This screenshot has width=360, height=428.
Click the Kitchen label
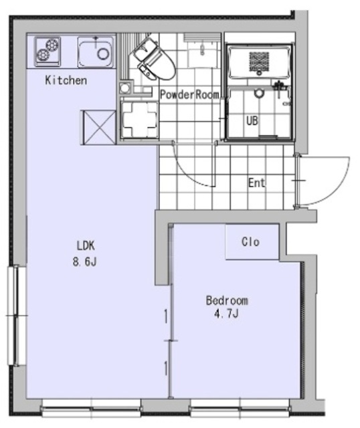tap(66, 81)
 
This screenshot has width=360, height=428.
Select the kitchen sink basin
tap(94, 50)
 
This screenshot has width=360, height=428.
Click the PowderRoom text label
tap(189, 95)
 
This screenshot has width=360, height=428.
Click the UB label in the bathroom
tap(252, 121)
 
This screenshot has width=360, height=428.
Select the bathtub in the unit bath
tap(258, 62)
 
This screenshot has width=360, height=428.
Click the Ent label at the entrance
tap(257, 183)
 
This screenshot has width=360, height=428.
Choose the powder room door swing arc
tap(191, 167)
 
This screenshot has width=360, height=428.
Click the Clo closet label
tap(250, 242)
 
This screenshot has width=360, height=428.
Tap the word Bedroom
tap(226, 301)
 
